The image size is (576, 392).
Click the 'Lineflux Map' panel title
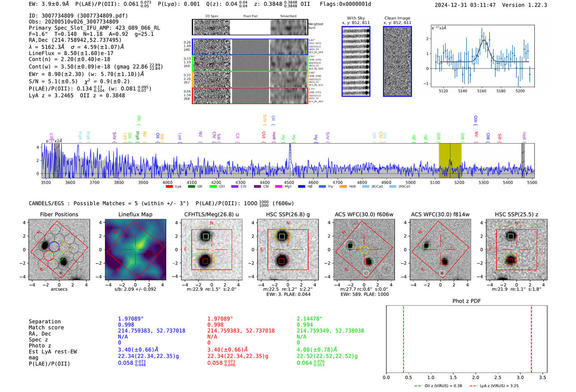135,214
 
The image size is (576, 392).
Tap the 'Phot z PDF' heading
467,301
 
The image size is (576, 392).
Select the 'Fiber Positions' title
59,214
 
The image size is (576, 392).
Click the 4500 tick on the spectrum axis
289,182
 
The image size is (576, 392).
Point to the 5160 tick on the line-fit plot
482,91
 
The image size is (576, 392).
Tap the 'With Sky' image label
356,18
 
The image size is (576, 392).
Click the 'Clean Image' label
397,18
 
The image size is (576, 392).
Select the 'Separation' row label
44,322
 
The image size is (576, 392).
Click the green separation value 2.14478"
309,319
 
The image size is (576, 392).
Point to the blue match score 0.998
126,325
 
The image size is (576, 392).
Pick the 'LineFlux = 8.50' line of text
71,53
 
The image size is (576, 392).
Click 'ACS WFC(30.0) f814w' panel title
440,214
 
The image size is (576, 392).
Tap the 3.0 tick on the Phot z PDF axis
520,377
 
